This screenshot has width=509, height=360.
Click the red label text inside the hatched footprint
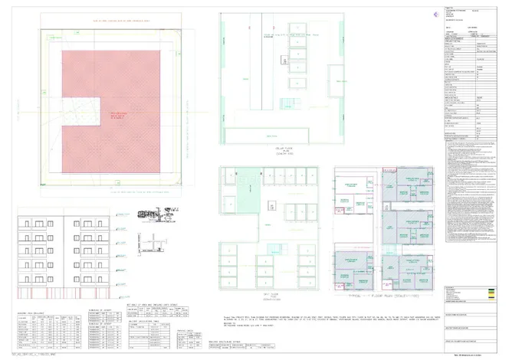(x=117, y=115)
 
